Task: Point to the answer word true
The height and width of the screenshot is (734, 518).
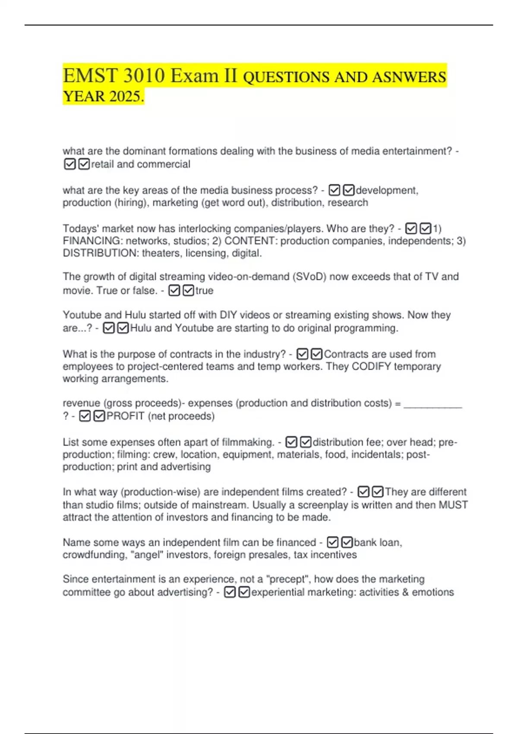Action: click(204, 291)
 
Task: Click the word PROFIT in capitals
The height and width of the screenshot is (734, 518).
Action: click(125, 416)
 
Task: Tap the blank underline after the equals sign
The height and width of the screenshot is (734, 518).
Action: click(433, 404)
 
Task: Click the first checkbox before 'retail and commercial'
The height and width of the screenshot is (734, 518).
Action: click(69, 164)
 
